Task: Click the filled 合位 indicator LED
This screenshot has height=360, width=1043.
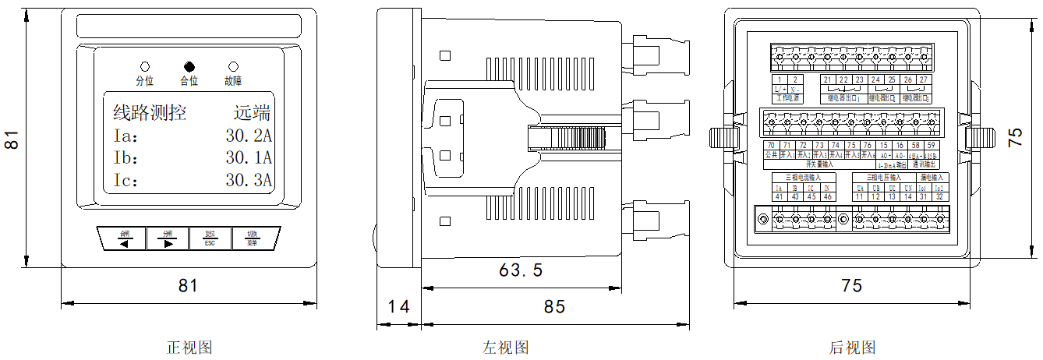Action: pyautogui.click(x=189, y=67)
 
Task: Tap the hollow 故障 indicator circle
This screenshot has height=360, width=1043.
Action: pyautogui.click(x=233, y=67)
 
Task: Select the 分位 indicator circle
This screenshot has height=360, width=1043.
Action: pyautogui.click(x=145, y=67)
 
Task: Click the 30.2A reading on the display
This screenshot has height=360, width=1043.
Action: pyautogui.click(x=248, y=136)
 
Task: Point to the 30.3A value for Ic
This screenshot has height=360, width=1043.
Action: pyautogui.click(x=248, y=181)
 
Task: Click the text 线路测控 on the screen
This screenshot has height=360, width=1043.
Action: pyautogui.click(x=150, y=112)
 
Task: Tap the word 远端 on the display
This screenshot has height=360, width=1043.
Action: pyautogui.click(x=257, y=112)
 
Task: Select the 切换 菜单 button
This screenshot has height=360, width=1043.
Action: pyautogui.click(x=253, y=238)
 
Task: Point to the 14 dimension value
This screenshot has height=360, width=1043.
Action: pyautogui.click(x=398, y=306)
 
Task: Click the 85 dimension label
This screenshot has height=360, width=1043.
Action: pyautogui.click(x=554, y=306)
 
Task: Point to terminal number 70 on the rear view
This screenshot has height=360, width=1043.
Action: pyautogui.click(x=770, y=146)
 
